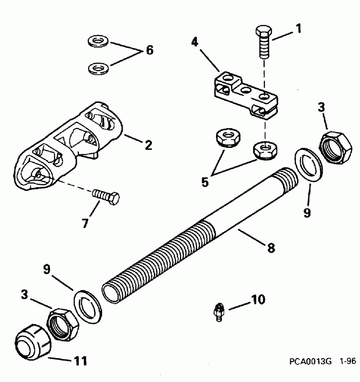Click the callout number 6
[x=148, y=50]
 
